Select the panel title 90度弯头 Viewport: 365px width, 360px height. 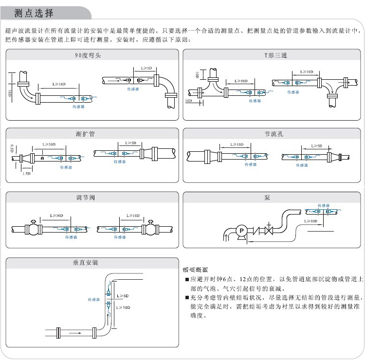(91, 55)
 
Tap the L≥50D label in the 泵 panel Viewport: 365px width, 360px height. (311, 220)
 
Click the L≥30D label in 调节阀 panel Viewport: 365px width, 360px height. (56, 216)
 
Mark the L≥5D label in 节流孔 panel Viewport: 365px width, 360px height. (316, 146)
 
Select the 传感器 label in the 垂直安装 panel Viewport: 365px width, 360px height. (93, 300)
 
